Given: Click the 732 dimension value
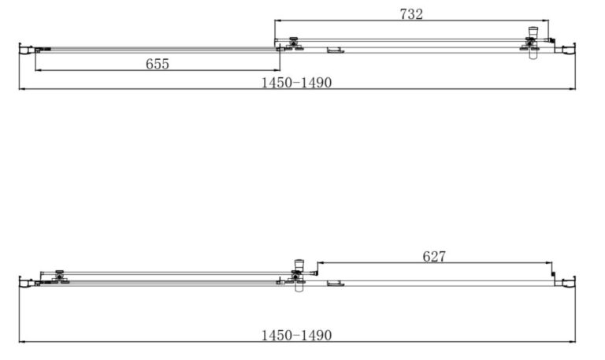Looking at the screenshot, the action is [411, 14].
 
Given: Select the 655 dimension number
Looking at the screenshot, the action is [158, 64].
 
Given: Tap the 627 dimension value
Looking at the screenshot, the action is [434, 257].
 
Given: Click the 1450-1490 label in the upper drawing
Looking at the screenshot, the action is [296, 83].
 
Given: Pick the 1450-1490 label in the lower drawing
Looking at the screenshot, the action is [296, 336].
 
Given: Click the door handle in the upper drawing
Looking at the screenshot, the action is [533, 43].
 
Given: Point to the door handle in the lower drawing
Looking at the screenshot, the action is [299, 276].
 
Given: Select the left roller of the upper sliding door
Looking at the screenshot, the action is [294, 43].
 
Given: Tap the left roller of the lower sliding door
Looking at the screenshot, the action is [59, 277].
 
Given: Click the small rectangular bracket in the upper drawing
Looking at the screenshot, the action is [336, 50].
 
